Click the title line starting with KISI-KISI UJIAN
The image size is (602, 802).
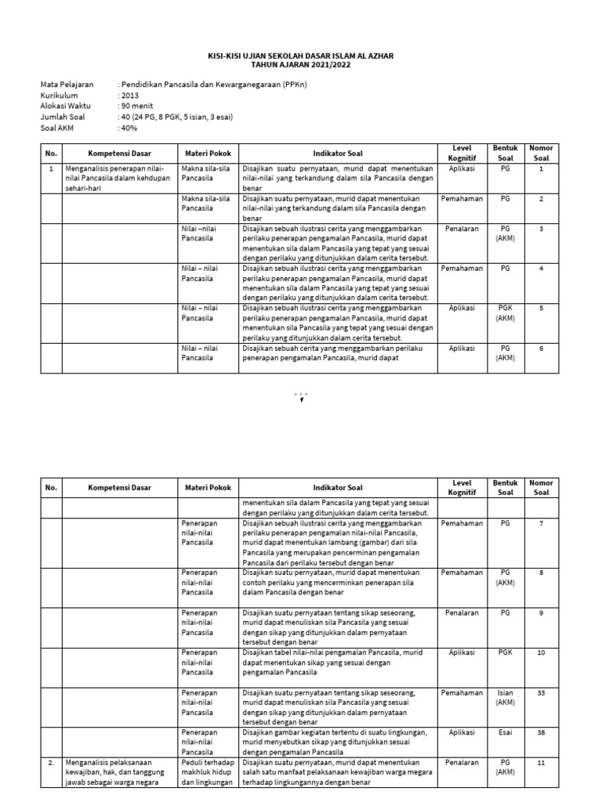[301, 56]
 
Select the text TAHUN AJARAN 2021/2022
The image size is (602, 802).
[301, 65]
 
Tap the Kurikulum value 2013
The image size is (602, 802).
[129, 96]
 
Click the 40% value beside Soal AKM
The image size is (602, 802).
[128, 128]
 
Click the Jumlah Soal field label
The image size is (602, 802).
[62, 117]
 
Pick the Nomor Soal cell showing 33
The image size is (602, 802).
[541, 692]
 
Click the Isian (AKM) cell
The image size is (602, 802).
[506, 697]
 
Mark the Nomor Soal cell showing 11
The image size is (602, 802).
[541, 760]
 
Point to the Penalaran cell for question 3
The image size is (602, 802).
[462, 229]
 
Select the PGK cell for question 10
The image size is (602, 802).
[506, 652]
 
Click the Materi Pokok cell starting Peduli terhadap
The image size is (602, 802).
[206, 771]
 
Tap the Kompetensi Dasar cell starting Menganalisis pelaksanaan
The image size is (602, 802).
[110, 771]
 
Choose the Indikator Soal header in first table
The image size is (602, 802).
[338, 154]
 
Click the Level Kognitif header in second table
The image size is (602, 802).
[462, 487]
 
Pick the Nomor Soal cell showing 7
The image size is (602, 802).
[541, 522]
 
